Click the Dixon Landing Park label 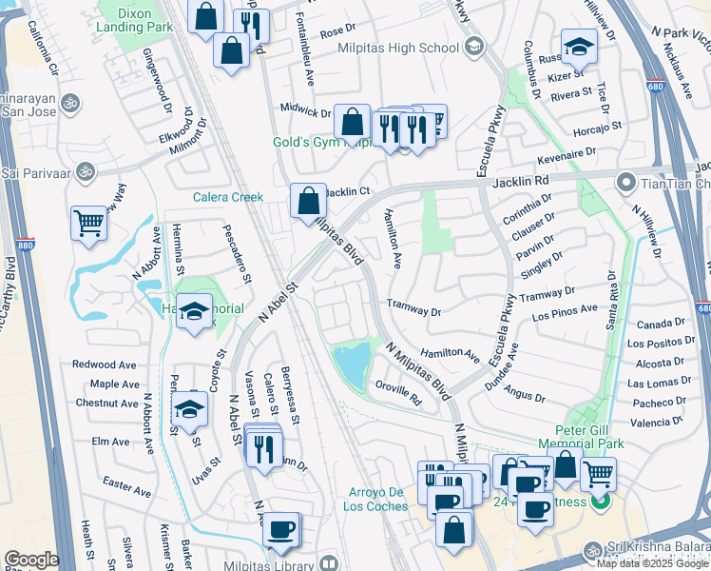pos(134,20)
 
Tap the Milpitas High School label pos(392,49)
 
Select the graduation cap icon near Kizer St pos(578,46)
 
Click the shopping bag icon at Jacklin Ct pos(308,201)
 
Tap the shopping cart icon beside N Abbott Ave pos(88,224)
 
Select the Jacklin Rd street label pos(523,180)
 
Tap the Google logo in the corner pos(31,560)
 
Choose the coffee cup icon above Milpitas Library pos(280,529)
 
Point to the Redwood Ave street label pos(106,364)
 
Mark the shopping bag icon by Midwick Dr pos(352,122)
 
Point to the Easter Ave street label pos(127,488)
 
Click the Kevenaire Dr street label pos(565,151)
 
